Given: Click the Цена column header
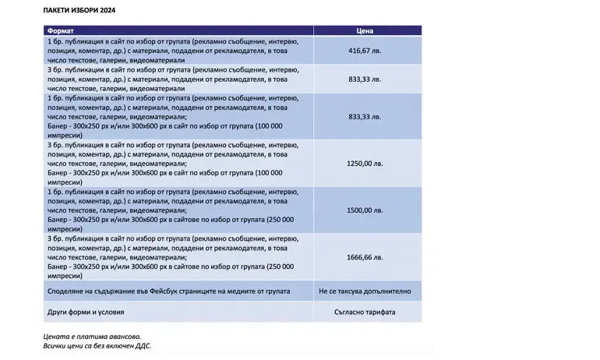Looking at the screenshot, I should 365,31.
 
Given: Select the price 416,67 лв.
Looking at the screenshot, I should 365,51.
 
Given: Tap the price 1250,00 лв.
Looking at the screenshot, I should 365,164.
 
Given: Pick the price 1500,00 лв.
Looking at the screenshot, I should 365,210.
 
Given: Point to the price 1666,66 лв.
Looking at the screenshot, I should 365,256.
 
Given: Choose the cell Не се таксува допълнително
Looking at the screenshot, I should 365,291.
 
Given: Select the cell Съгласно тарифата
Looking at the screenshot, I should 365,312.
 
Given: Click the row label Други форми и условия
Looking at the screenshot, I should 86,312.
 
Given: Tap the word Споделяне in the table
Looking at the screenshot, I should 65,291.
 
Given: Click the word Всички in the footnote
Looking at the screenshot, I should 55,344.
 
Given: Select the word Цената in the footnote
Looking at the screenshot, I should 56,335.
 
